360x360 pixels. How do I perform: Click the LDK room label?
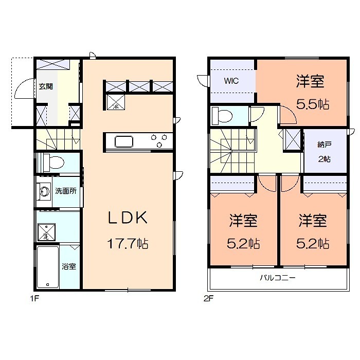pyautogui.click(x=128, y=218)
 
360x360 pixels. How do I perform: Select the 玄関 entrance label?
pyautogui.click(x=45, y=86)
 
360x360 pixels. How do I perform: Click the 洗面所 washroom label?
pyautogui.click(x=65, y=191)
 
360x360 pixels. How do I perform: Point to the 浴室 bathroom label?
pyautogui.click(x=68, y=266)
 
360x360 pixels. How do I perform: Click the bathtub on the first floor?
pyautogui.click(x=47, y=267)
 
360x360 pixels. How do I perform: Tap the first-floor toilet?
pyautogui.click(x=52, y=163)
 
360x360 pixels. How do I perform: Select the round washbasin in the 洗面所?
pyautogui.click(x=44, y=192)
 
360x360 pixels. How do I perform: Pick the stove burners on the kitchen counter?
pyautogui.click(x=158, y=139)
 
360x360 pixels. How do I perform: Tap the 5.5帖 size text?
pyautogui.click(x=313, y=104)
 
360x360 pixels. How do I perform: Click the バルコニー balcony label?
pyautogui.click(x=277, y=278)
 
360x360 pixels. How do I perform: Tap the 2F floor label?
pyautogui.click(x=208, y=298)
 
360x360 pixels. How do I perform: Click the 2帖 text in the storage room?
pyautogui.click(x=323, y=159)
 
